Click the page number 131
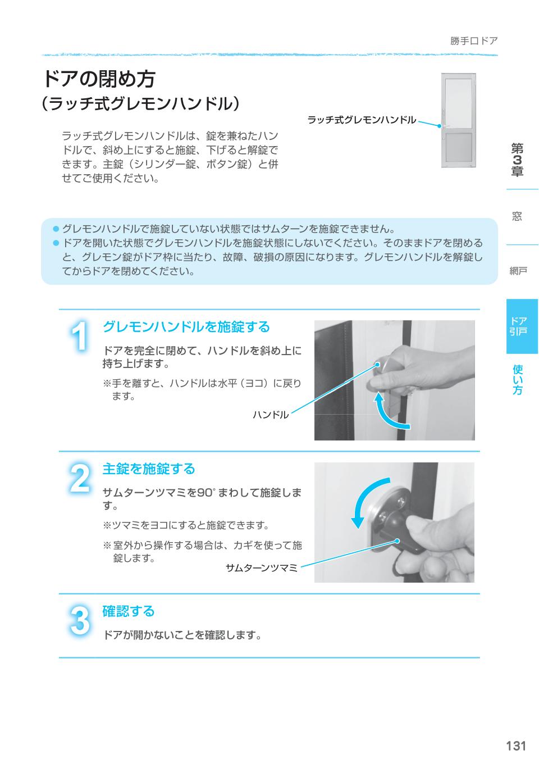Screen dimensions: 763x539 515,746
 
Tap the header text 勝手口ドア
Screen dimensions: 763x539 473,41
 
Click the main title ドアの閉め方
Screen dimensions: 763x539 99,79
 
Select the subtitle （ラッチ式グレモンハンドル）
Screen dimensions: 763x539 140,105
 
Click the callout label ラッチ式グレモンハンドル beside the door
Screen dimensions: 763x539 362,120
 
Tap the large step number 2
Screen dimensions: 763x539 80,479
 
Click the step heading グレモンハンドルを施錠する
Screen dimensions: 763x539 186,327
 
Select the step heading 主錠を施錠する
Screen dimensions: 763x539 149,469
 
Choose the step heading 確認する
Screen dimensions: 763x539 128,611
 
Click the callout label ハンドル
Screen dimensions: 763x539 270,415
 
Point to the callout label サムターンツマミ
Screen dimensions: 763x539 261,567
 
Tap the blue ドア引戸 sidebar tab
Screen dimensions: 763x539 518,326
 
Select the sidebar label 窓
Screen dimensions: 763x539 517,217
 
